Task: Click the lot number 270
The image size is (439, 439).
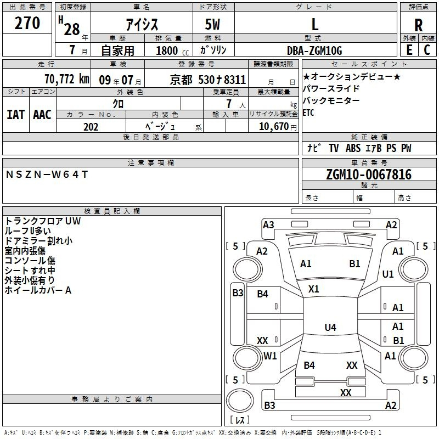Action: (x=27, y=23)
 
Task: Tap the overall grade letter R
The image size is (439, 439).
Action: (x=418, y=25)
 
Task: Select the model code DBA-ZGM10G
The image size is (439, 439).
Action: (x=314, y=50)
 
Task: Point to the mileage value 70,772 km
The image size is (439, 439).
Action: (x=66, y=79)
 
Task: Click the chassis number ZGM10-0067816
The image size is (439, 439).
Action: (x=369, y=175)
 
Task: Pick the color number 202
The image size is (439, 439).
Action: (x=91, y=127)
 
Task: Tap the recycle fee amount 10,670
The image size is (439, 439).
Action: (x=274, y=127)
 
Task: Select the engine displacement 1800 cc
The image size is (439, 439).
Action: (x=172, y=50)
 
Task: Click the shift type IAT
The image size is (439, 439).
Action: (x=16, y=115)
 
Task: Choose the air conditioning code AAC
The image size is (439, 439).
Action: (x=42, y=115)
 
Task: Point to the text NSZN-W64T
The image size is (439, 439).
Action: (x=47, y=175)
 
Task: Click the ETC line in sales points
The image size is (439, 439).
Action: (x=308, y=112)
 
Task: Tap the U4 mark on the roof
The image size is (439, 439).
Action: (x=330, y=327)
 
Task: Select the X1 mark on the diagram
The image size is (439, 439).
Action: (x=313, y=289)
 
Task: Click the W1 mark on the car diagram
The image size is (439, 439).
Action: (x=270, y=356)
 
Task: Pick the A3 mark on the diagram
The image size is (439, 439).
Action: (x=268, y=225)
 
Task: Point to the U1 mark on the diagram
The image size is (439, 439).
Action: (x=388, y=274)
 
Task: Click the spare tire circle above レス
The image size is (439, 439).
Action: (x=240, y=401)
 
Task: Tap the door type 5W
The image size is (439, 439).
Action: (x=212, y=24)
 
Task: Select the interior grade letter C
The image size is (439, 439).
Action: (x=427, y=50)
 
